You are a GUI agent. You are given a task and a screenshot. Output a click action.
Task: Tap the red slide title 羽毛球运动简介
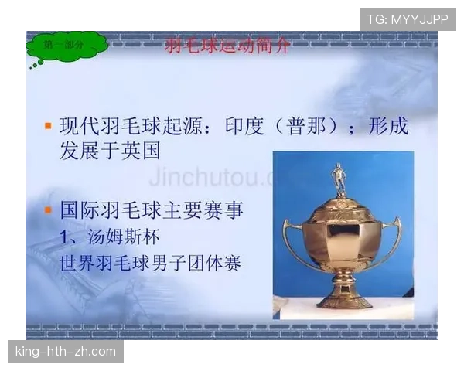(x=227, y=46)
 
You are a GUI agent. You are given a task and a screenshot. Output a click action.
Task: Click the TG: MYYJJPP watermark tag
(x=408, y=19)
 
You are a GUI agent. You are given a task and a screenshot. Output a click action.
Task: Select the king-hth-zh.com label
(x=65, y=352)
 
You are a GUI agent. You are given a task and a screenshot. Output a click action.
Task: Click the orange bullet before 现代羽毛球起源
(x=48, y=125)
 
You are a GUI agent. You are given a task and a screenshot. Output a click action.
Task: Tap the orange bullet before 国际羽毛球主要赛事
(x=48, y=209)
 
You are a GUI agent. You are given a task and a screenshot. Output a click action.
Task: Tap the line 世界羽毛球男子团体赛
(x=151, y=262)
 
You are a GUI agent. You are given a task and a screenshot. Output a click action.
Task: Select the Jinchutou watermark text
(x=209, y=175)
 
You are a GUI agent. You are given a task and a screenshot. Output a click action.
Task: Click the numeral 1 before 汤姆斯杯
(x=66, y=236)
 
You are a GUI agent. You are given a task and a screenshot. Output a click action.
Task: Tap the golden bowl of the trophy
(x=341, y=236)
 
